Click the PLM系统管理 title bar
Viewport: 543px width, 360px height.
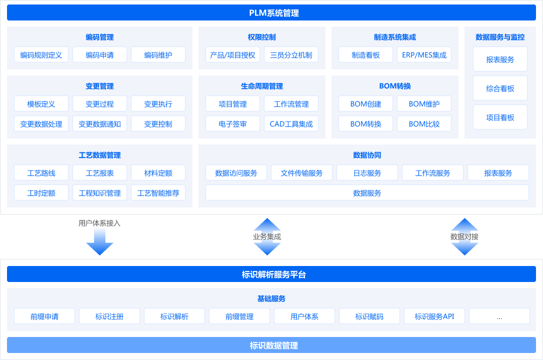pyautogui.click(x=271, y=13)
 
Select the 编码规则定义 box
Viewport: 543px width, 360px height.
pyautogui.click(x=41, y=55)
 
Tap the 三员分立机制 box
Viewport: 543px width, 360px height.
pyautogui.click(x=291, y=55)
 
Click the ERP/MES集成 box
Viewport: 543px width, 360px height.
pyautogui.click(x=424, y=55)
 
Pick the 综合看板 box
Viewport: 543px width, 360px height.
pyautogui.click(x=500, y=88)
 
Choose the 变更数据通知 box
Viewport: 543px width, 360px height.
pyautogui.click(x=99, y=124)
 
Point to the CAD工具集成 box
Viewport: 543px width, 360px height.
pyautogui.click(x=291, y=124)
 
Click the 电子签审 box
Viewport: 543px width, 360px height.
pyautogui.click(x=232, y=124)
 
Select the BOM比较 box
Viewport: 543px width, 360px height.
pyautogui.click(x=424, y=124)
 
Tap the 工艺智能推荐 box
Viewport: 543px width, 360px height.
pyautogui.click(x=158, y=193)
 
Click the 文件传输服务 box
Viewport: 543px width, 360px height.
pyautogui.click(x=301, y=173)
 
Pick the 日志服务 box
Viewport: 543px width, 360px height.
pyautogui.click(x=367, y=173)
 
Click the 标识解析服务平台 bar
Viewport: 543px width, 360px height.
pyautogui.click(x=271, y=274)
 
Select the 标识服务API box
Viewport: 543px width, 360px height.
pyautogui.click(x=434, y=316)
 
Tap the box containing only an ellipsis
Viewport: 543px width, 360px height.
pyautogui.click(x=499, y=316)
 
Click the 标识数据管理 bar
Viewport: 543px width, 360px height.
pyautogui.click(x=271, y=345)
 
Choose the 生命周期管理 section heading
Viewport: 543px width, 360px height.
pyautogui.click(x=261, y=86)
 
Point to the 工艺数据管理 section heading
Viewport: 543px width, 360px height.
pyautogui.click(x=99, y=155)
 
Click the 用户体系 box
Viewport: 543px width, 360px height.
pyautogui.click(x=304, y=316)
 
